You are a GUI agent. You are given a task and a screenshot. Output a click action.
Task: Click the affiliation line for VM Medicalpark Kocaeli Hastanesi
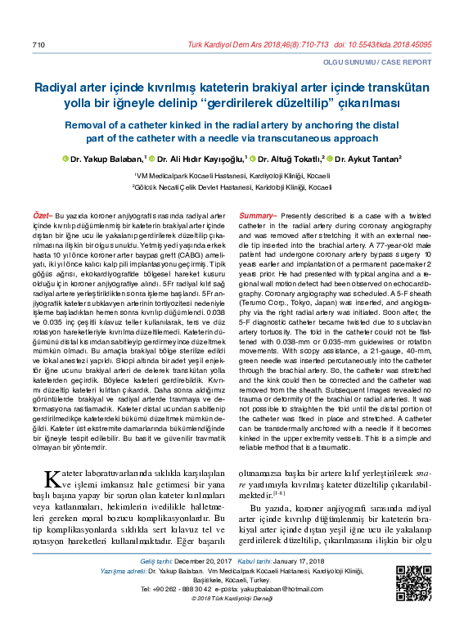(x=232, y=176)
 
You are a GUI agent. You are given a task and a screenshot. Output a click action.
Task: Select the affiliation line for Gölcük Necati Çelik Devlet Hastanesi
(x=232, y=187)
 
